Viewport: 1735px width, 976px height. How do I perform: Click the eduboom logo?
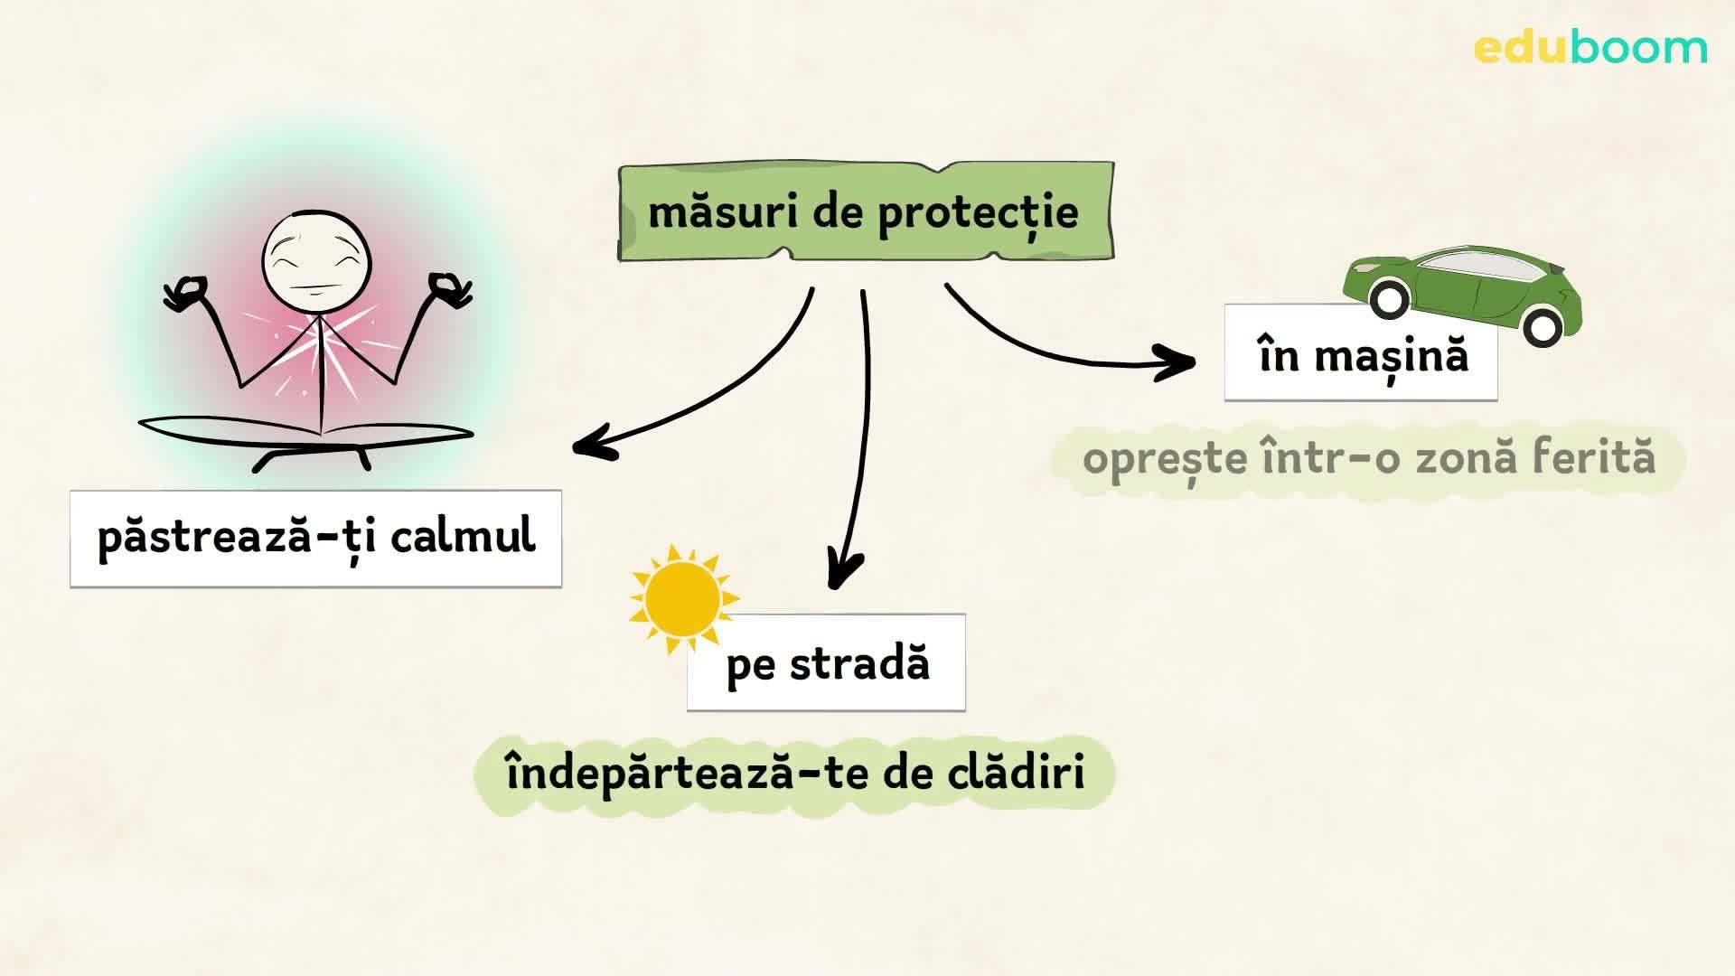coord(1590,47)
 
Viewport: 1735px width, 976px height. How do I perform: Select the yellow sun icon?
coord(683,598)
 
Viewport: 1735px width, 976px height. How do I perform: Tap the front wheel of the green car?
coord(1388,299)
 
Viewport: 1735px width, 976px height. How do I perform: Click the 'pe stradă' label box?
coord(826,663)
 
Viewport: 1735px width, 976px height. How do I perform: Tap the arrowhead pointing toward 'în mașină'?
coord(1180,363)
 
